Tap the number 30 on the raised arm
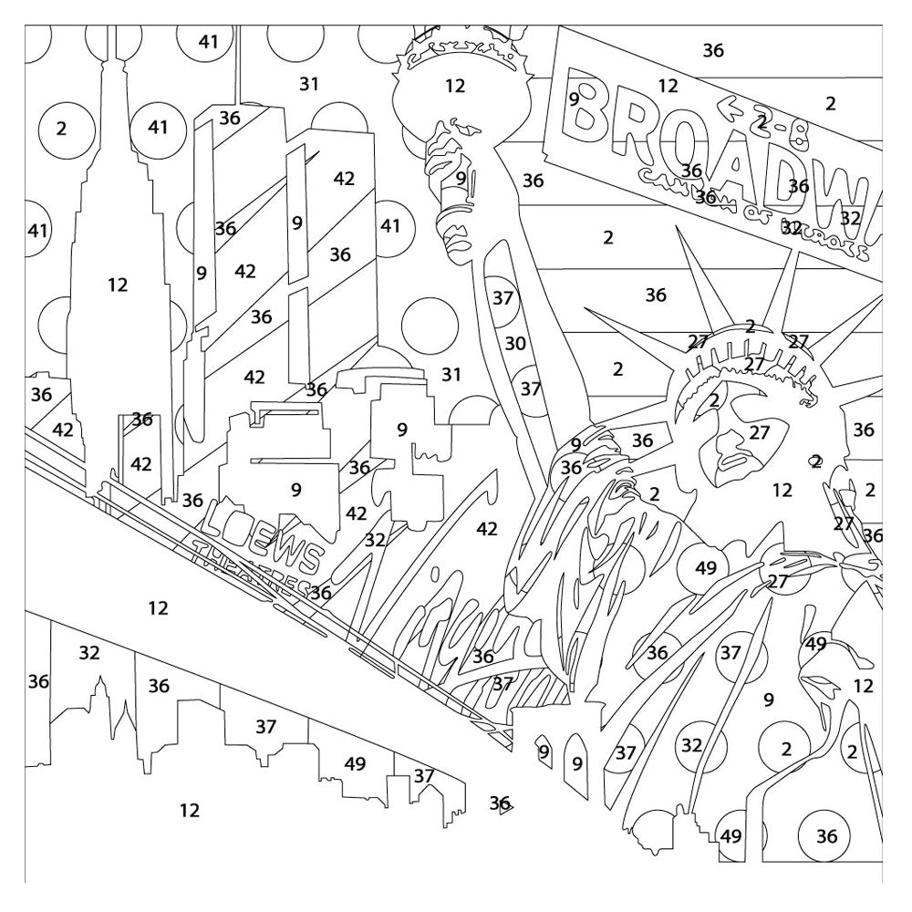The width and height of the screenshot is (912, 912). (x=516, y=344)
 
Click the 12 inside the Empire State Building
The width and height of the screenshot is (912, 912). (x=118, y=285)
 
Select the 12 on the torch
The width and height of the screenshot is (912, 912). (x=455, y=87)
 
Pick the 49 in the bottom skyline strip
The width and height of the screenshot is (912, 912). (x=355, y=764)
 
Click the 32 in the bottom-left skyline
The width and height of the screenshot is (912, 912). (x=89, y=653)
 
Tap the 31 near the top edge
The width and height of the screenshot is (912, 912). (x=309, y=85)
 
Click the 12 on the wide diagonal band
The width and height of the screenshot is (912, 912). (x=158, y=608)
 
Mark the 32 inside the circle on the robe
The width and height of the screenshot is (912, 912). (x=692, y=746)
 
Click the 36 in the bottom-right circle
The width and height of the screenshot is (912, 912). (x=826, y=836)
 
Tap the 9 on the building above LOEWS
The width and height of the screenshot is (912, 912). (x=295, y=490)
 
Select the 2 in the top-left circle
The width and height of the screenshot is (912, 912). (x=61, y=129)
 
